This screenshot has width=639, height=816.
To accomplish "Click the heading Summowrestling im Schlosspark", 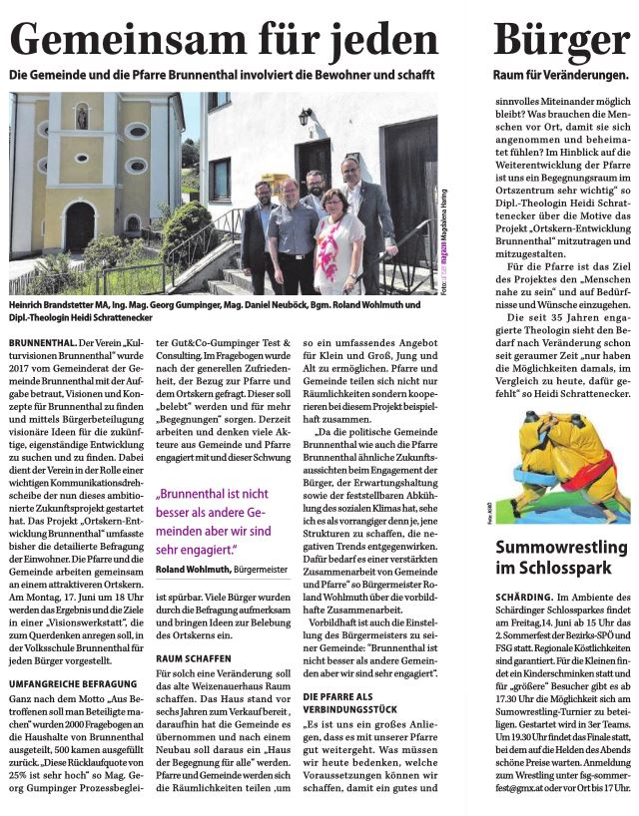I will click(561, 559).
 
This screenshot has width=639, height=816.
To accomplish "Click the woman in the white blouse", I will click(338, 245).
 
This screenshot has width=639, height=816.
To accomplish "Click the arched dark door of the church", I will click(80, 226).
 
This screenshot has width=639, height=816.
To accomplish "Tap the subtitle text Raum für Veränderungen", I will click(560, 76).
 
